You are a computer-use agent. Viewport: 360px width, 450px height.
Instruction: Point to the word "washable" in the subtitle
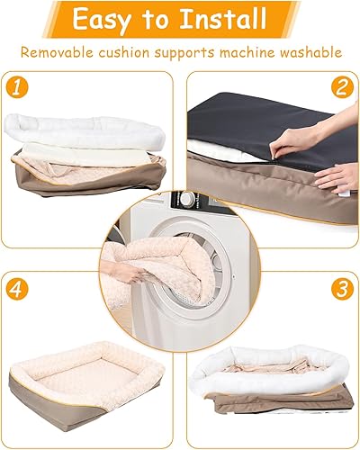coord(304,52)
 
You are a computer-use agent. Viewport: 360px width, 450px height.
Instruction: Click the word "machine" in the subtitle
coord(238,52)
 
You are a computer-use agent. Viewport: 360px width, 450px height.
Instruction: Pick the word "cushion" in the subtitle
coord(137,52)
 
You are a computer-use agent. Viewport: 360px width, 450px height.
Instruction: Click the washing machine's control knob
coord(186,199)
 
